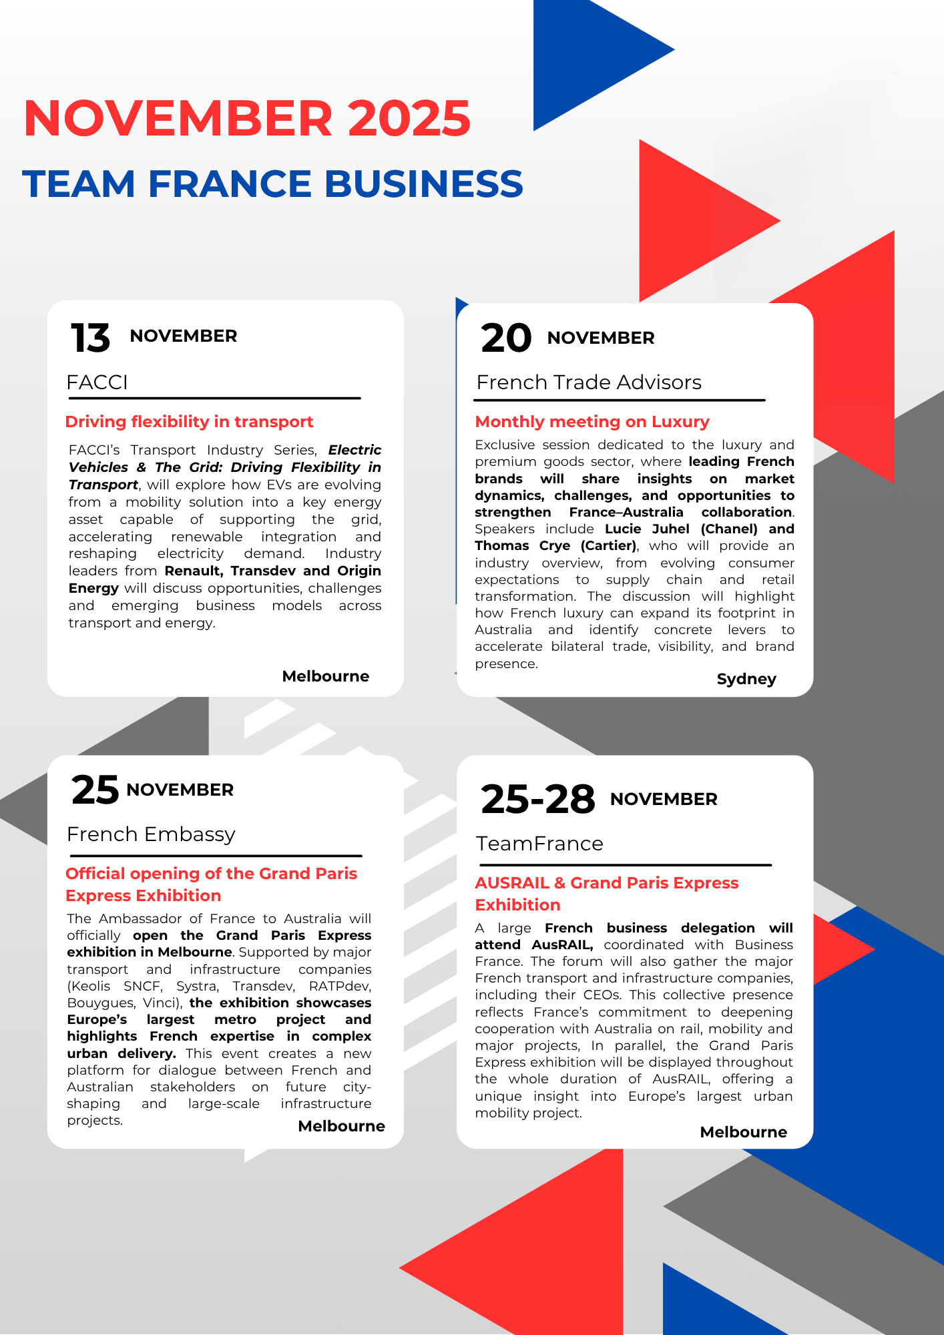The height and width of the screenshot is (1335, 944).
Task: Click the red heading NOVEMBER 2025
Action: pos(247,119)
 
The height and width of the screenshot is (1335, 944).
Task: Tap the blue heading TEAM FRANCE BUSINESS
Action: pos(272,184)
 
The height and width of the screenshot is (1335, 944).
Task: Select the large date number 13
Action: pos(90,338)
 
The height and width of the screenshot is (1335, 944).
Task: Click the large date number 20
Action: pos(506,338)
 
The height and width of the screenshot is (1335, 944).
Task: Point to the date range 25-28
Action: pos(537,799)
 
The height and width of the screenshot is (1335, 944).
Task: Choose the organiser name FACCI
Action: pos(97,382)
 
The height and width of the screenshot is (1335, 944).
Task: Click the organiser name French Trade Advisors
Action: pos(589,382)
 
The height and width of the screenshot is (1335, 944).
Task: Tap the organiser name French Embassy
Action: pos(151,834)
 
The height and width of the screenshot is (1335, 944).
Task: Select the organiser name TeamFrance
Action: pos(539,844)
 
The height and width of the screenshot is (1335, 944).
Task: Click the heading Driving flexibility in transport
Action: pos(189,422)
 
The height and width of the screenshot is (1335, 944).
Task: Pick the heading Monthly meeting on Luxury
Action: pos(592,422)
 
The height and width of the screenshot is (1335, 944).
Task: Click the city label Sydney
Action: pos(746,679)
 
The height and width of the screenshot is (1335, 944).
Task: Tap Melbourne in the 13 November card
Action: pos(325,676)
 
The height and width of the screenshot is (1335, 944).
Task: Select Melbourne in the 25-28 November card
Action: pos(743,1132)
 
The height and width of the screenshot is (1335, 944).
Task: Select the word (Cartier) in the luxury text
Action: pos(608,546)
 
